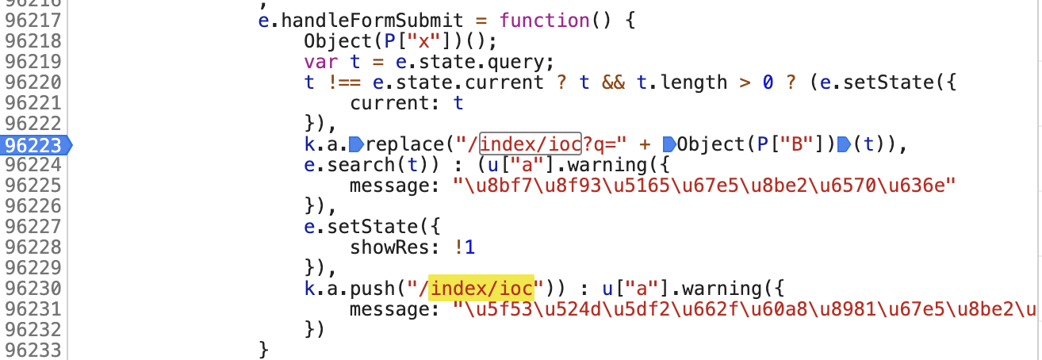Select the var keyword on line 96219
click(x=319, y=61)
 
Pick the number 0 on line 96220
click(x=768, y=82)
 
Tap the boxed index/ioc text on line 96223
click(x=531, y=144)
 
